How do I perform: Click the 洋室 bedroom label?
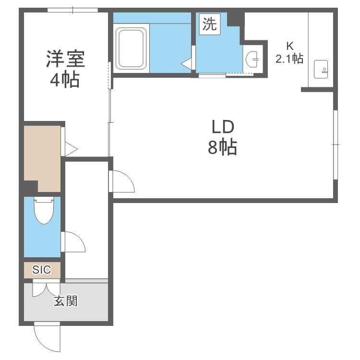pos(65,59)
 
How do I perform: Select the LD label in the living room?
pos(223,127)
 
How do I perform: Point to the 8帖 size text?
pos(222,147)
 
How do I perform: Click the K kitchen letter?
pos(290,46)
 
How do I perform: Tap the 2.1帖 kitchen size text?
pos(289,59)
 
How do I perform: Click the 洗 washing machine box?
pos(210,24)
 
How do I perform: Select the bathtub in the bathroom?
pos(131,48)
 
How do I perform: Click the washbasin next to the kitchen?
pos(252,59)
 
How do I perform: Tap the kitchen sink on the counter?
pos(321,69)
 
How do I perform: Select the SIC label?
pos(42,270)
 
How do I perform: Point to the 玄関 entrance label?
pos(66,301)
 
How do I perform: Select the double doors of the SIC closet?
pos(47,288)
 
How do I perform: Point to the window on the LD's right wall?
pos(336,144)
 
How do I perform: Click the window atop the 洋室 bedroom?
pos(73,10)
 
